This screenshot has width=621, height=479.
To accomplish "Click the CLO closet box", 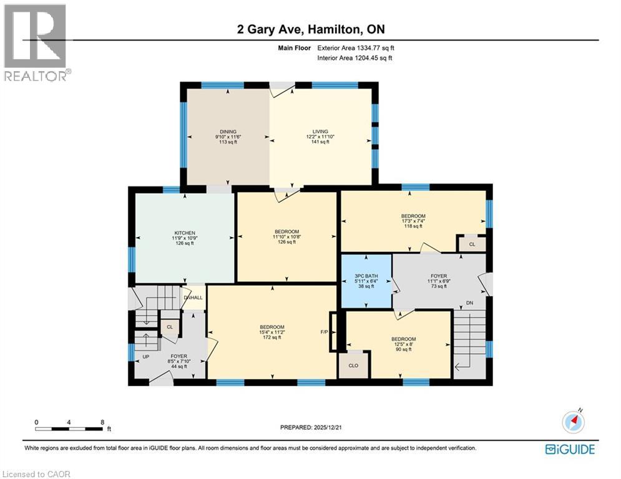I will coord(353,365).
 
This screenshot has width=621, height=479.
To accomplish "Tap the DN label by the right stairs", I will coord(469,303).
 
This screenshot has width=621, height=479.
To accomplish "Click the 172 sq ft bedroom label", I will coord(272,332).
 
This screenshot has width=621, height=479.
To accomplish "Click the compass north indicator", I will coord(573,422).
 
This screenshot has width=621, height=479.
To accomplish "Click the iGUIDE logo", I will coord(570,449).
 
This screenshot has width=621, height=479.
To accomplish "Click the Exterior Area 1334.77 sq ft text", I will coord(356,48).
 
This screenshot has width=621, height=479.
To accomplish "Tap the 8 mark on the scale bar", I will coord(102,422).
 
